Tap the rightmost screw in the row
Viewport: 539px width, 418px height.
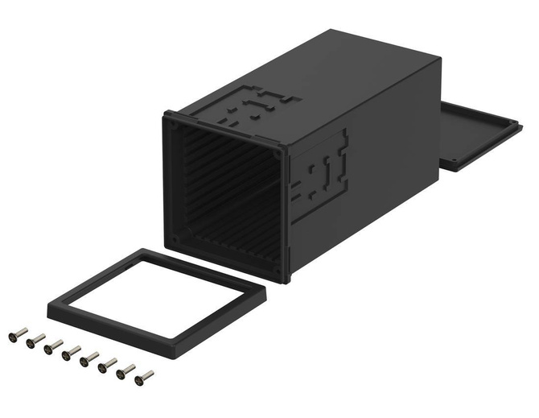pyautogui.click(x=145, y=376)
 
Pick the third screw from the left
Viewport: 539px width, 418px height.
pyautogui.click(x=53, y=346)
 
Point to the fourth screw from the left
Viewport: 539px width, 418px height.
pyautogui.click(x=72, y=352)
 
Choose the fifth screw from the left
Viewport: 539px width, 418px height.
pyautogui.click(x=89, y=358)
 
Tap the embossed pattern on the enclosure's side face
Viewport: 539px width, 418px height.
pyautogui.click(x=322, y=173)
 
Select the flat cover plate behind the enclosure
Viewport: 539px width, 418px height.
pyautogui.click(x=478, y=133)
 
